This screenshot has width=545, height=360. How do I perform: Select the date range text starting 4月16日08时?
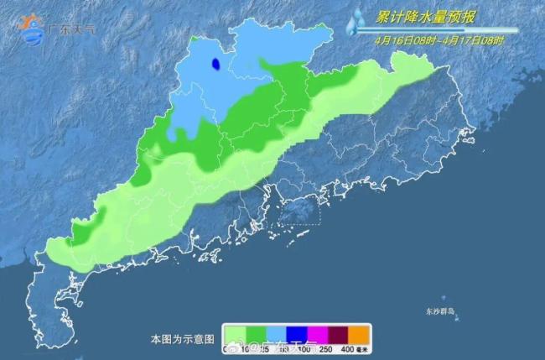pyautogui.click(x=439, y=39)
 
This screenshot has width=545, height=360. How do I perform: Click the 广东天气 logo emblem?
pyautogui.click(x=32, y=29)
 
